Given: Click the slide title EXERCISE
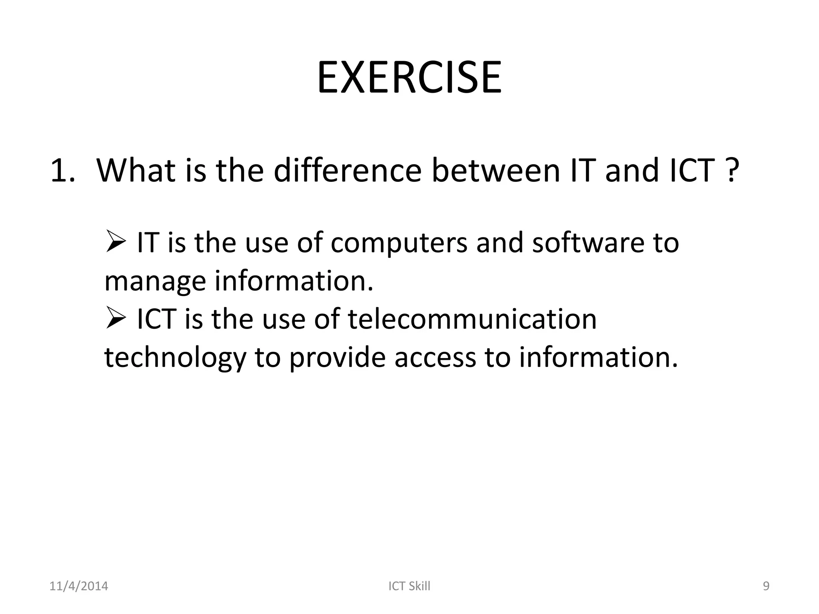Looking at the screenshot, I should pos(409,78).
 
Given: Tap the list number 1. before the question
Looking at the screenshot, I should pos(63,171).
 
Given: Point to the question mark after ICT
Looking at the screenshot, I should pos(730,171).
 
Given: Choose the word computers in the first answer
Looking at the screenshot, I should pos(399,243).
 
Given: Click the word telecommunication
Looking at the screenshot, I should pos(472,319).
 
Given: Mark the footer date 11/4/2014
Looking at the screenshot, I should pos(78,586).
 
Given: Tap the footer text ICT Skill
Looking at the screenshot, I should pos(409,586).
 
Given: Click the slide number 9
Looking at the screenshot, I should pos(766,586).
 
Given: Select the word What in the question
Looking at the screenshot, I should pos(136,170).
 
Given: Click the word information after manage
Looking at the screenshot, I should pos(294,281).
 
